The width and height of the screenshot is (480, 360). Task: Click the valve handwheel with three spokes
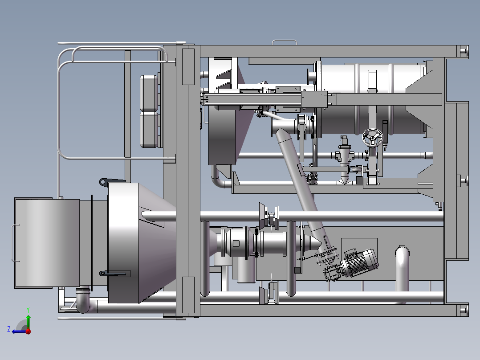click(x=373, y=138)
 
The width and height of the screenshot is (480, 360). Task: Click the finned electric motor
click(x=360, y=262)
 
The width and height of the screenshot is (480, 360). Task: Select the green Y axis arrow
click(x=28, y=322)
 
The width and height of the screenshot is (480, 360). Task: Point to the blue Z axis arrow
click(x=19, y=331)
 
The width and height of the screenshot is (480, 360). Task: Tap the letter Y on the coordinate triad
click(x=28, y=310)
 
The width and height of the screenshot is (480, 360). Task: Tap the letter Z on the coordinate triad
click(x=9, y=329)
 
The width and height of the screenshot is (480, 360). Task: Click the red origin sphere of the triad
click(x=28, y=331)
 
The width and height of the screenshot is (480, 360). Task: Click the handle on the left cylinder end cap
click(x=14, y=243)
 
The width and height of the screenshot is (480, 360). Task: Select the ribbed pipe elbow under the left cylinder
click(x=83, y=299)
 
